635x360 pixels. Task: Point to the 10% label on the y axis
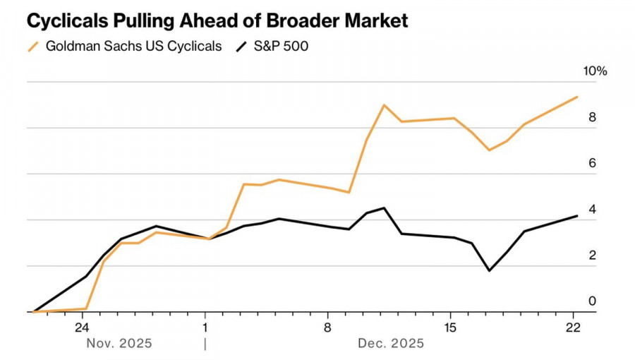[593, 71]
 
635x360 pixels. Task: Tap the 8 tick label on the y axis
[593, 117]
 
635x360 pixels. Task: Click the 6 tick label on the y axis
[593, 163]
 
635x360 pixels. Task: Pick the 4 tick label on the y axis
[593, 209]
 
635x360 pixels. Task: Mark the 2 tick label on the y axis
[593, 255]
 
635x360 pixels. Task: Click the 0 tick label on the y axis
[593, 301]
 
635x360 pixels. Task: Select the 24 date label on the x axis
[81, 328]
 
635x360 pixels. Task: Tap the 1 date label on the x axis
[205, 328]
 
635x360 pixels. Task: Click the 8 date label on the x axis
[328, 328]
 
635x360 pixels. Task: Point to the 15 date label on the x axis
[451, 328]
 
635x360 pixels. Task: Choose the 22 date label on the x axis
[574, 328]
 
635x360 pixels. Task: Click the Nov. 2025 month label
[119, 344]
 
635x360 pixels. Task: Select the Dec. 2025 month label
[392, 344]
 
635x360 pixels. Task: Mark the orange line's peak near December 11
[384, 105]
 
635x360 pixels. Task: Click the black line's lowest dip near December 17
[489, 270]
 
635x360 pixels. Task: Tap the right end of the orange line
[578, 97]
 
